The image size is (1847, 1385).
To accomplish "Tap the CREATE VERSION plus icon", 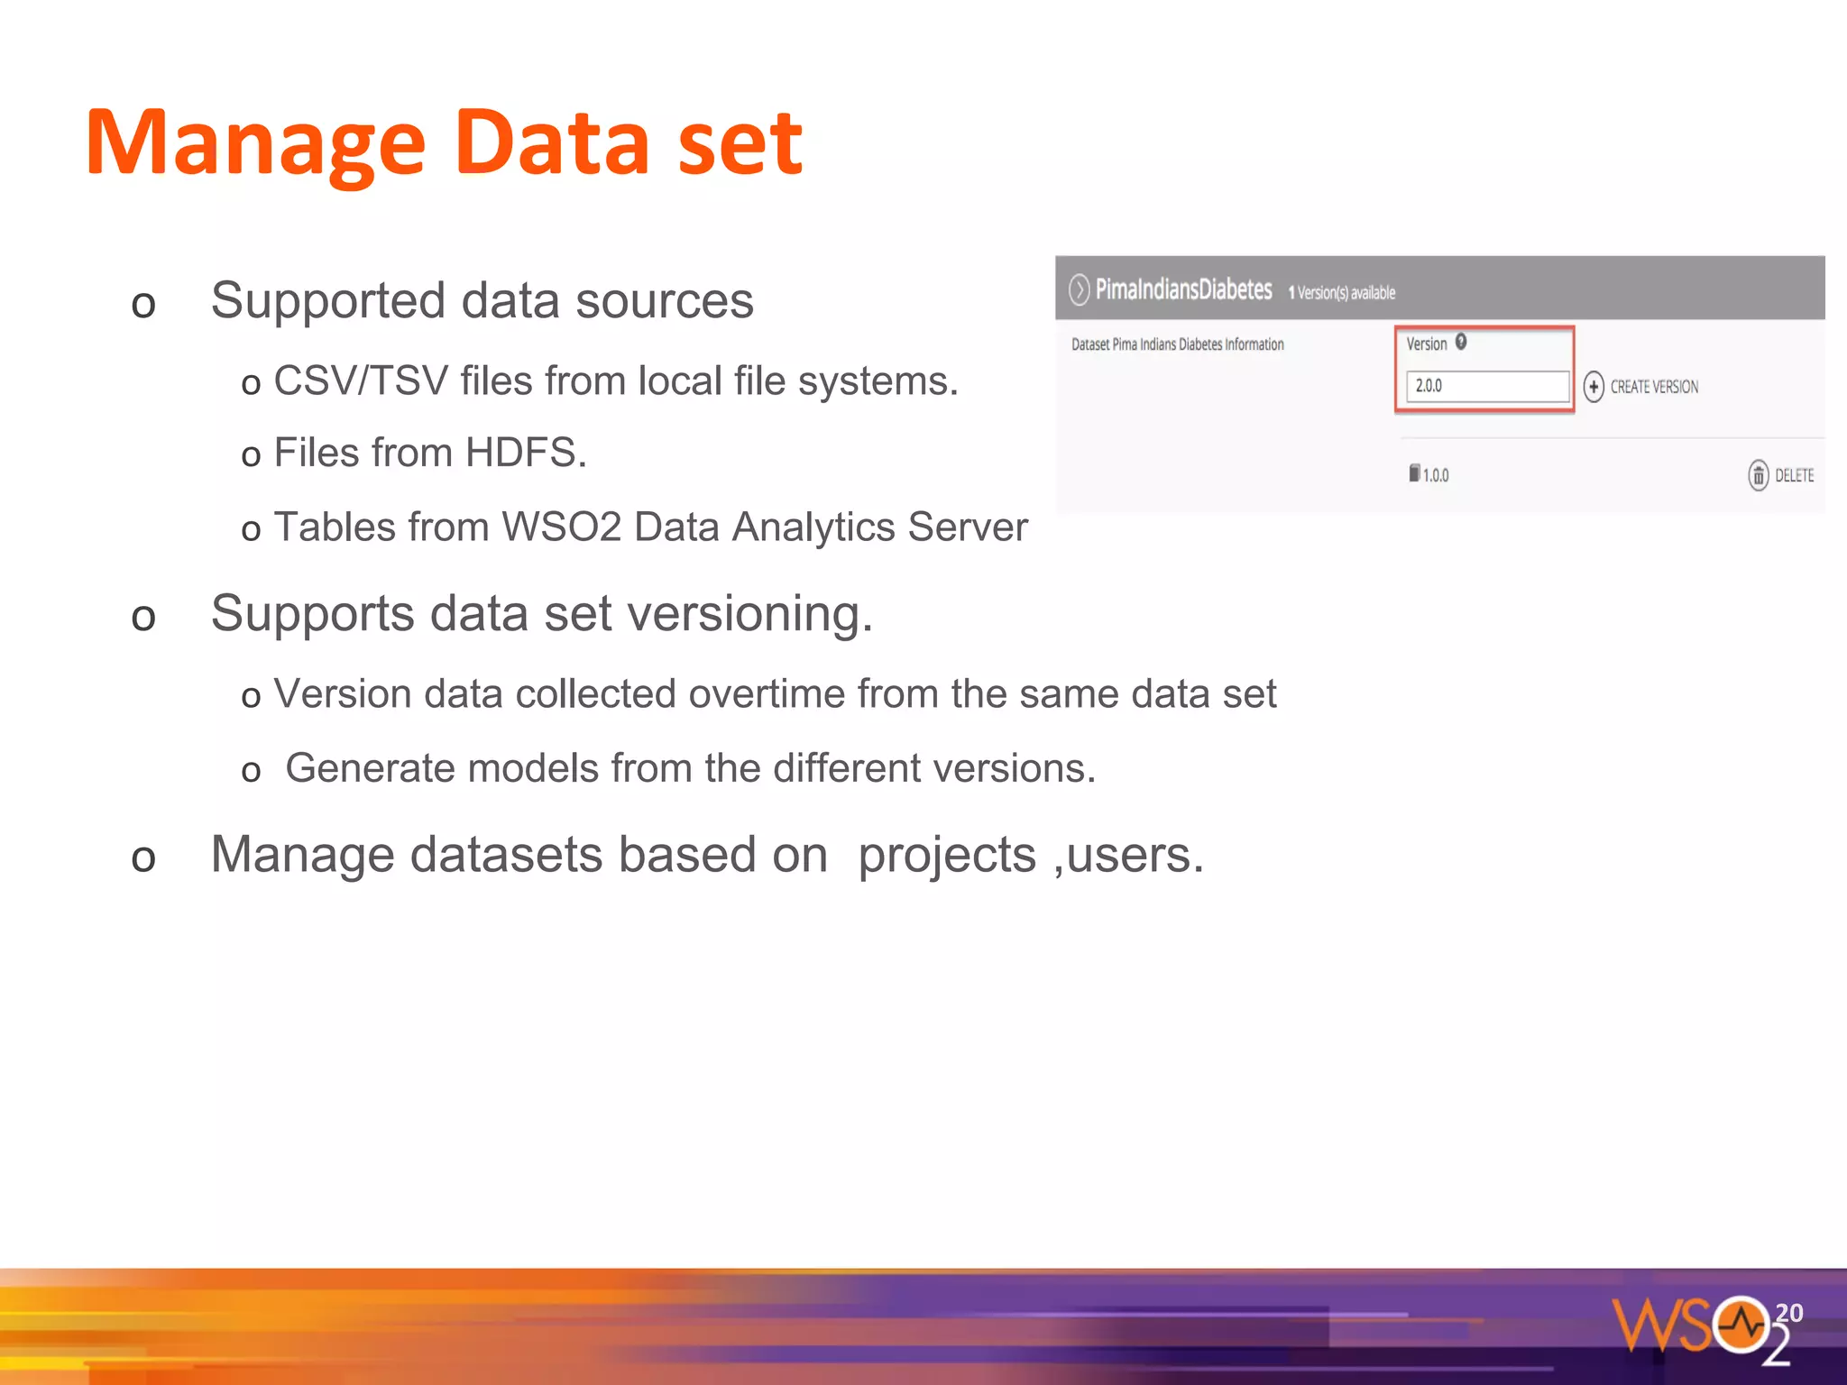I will coord(1594,387).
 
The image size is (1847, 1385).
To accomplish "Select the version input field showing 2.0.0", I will coord(1486,386).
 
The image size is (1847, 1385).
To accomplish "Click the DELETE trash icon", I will coord(1758,475).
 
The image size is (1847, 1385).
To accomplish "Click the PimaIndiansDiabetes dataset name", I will coord(1183,289).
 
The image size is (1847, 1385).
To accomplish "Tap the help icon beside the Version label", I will coord(1461,342).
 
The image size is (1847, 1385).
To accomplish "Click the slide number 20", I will coord(1788,1312).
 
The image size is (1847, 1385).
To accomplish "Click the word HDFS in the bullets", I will coord(526,453).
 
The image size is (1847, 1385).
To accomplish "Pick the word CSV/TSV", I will coord(361,381).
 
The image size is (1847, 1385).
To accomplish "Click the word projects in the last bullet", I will coord(946,855).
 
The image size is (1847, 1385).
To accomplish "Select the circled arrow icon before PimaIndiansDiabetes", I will coord(1079,289).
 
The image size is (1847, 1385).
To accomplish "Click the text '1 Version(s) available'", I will coord(1341,292).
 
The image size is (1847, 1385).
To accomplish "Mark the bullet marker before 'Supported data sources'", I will coord(143,305).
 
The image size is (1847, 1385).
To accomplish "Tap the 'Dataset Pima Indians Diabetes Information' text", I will coord(1177,344).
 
